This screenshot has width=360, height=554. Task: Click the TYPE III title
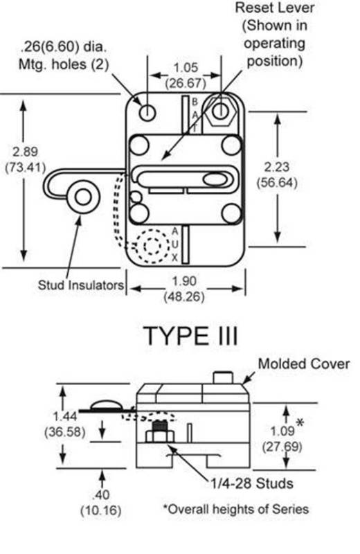click(x=191, y=336)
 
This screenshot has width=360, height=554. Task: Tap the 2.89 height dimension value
click(x=25, y=152)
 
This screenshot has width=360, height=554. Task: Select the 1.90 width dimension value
click(x=184, y=282)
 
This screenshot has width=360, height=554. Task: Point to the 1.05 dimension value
click(x=186, y=67)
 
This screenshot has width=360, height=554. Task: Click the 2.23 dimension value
click(x=277, y=167)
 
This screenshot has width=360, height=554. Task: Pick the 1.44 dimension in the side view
click(x=64, y=416)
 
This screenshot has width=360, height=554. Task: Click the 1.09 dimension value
click(x=282, y=431)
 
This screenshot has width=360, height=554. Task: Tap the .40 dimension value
click(x=101, y=494)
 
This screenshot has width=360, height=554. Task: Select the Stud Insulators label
click(x=81, y=285)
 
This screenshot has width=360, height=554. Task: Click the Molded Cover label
click(x=304, y=364)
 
